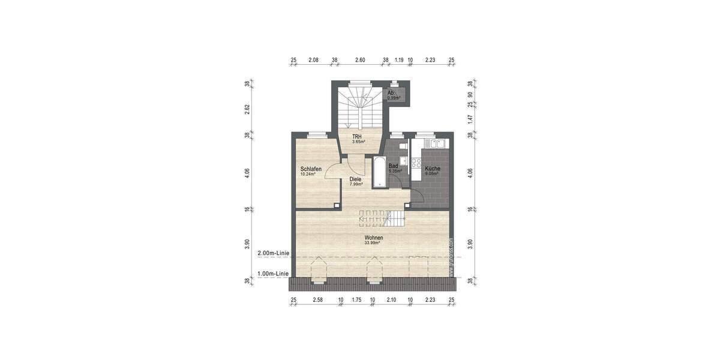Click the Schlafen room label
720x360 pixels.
coord(311,169)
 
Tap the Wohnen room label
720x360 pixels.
coord(374,238)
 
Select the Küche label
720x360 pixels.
coord(433,169)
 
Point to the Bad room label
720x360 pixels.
coord(394,166)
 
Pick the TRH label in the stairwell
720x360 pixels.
coord(356,137)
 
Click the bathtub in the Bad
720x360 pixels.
coord(379,172)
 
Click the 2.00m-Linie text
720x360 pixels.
coord(273,253)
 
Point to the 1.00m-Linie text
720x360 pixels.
coord(273,274)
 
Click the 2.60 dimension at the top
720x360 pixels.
coord(360,60)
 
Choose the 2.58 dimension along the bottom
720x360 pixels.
coord(317,299)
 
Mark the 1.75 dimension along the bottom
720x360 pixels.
coord(356,299)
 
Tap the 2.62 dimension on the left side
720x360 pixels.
coord(247,108)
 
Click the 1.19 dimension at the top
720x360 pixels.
coord(399,60)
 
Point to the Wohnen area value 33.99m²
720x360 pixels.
coord(374,243)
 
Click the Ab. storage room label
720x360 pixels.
coord(391,93)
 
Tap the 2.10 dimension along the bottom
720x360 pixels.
coord(391,299)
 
